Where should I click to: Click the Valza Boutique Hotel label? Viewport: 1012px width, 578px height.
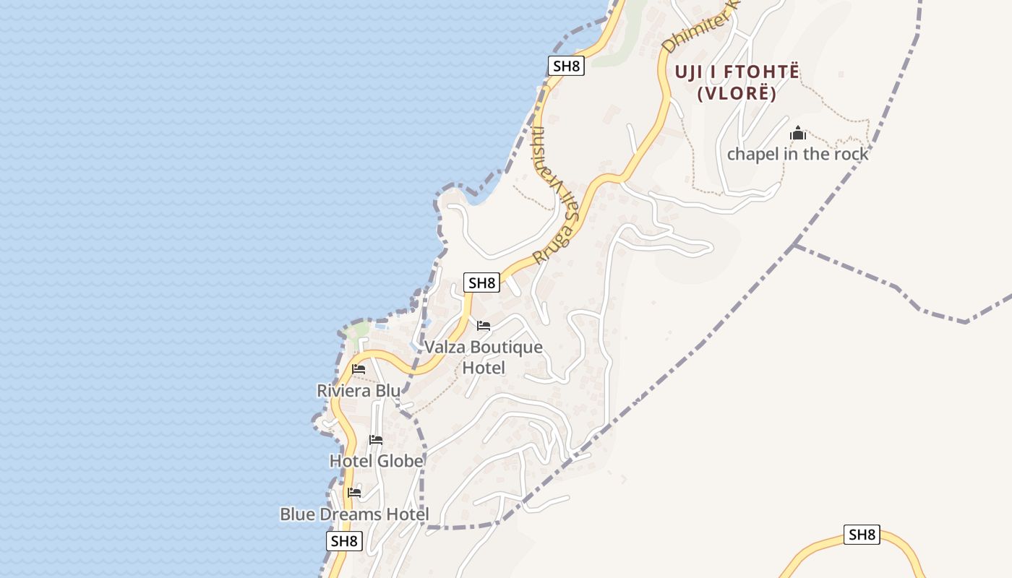(x=483, y=357)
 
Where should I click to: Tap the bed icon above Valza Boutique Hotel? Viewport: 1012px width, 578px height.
(x=484, y=326)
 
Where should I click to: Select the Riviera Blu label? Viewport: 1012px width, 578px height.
(x=358, y=391)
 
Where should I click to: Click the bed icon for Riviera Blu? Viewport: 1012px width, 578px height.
(x=359, y=369)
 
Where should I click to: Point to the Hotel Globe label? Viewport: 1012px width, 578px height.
(x=376, y=461)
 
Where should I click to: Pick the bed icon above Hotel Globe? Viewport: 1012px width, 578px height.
(x=376, y=439)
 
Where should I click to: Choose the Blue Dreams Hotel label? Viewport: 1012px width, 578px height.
(x=354, y=514)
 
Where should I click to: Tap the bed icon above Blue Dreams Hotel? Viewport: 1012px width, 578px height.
(x=354, y=493)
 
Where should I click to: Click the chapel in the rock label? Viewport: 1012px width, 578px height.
(x=797, y=154)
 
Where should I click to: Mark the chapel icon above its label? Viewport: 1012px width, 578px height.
(x=798, y=133)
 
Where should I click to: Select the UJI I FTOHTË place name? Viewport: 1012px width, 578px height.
(x=737, y=72)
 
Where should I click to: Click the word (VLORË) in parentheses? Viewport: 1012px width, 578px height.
(x=737, y=93)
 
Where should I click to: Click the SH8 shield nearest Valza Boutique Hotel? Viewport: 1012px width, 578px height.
(x=482, y=282)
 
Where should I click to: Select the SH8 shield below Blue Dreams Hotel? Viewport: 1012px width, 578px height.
(x=344, y=541)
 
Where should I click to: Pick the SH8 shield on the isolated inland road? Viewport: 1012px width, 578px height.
(x=862, y=535)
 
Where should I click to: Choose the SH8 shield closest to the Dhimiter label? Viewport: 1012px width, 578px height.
(x=566, y=66)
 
